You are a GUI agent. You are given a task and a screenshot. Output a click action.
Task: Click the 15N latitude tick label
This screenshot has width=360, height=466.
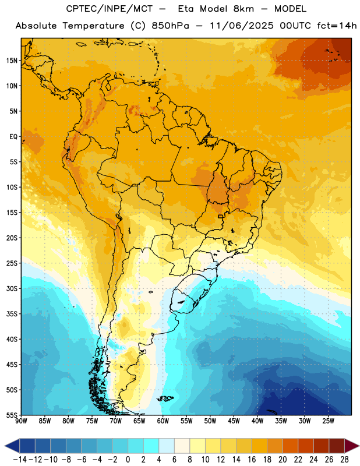click(x=12, y=61)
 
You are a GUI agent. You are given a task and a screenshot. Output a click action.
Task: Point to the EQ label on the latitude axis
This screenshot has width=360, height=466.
click(x=13, y=137)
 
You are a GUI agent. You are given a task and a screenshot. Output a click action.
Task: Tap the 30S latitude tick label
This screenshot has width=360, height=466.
click(x=12, y=288)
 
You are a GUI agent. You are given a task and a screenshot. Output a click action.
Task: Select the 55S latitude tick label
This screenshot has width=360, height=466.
click(x=12, y=415)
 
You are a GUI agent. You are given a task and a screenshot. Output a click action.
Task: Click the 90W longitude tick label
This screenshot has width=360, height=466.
click(x=21, y=421)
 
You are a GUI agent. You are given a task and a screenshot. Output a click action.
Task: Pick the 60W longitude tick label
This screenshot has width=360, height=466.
click(x=163, y=421)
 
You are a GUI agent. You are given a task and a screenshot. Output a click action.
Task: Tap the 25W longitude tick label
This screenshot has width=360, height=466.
click(x=328, y=421)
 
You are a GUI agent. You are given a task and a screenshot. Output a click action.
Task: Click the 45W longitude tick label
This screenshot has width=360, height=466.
click(x=234, y=421)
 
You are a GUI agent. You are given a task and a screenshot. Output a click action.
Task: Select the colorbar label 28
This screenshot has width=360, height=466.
click(x=344, y=460)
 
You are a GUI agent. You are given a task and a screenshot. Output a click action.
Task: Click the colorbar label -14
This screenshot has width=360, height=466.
click(x=20, y=460)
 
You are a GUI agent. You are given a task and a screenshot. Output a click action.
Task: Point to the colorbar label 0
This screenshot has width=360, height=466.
click(x=128, y=460)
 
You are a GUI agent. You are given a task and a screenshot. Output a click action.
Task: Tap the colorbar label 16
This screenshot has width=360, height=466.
click(x=252, y=460)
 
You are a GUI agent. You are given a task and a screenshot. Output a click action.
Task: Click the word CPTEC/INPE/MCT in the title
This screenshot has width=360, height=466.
click(x=110, y=9)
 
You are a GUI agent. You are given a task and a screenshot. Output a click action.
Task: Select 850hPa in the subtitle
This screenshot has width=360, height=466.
click(x=170, y=26)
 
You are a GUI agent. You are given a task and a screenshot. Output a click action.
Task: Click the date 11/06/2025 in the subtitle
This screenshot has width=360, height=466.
click(x=241, y=26)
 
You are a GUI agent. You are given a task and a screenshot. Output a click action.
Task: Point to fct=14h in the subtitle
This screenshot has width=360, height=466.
click(x=337, y=26)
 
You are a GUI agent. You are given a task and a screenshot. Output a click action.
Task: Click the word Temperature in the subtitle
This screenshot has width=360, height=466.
click(x=93, y=26)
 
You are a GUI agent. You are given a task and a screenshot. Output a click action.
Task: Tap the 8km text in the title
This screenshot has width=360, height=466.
click(x=243, y=9)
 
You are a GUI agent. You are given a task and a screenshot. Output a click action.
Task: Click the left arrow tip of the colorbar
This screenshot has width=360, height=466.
click(x=5, y=446)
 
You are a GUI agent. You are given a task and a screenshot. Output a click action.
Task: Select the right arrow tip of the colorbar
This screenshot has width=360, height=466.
click(x=359, y=446)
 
